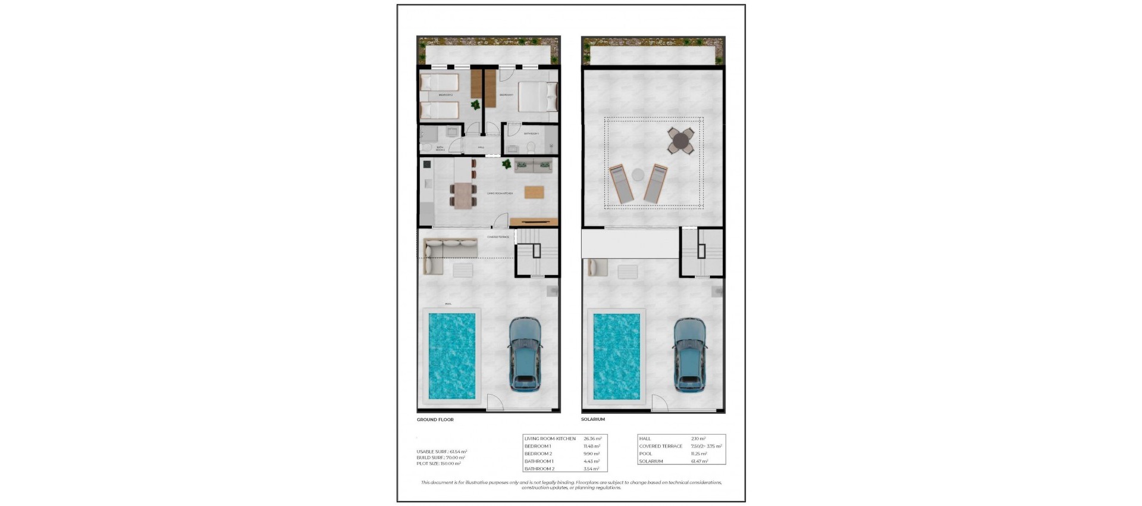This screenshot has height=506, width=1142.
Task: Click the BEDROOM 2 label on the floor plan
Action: (445, 95)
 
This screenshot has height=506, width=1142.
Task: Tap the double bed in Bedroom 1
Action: (537, 97)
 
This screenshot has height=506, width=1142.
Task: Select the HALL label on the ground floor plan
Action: (481, 147)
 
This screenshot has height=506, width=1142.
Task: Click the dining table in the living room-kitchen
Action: (463, 195)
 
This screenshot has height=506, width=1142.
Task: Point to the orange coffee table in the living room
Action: (534, 192)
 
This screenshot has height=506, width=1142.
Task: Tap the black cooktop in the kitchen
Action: (426, 164)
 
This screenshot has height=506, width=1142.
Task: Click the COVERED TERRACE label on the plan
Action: (498, 237)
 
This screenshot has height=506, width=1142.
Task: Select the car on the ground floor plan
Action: (525, 354)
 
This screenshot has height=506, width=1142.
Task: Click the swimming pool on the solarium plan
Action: (616, 357)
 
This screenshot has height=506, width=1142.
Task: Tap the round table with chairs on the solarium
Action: (680, 141)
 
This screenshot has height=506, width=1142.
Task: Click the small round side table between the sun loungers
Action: (638, 174)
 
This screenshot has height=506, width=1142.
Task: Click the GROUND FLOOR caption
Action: (435, 420)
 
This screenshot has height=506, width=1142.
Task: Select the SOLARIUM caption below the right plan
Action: (592, 419)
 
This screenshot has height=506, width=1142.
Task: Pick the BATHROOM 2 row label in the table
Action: (539, 469)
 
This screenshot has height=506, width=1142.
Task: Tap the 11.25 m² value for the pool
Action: (699, 454)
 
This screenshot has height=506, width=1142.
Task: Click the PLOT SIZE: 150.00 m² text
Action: (439, 464)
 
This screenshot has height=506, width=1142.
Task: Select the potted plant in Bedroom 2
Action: (475, 106)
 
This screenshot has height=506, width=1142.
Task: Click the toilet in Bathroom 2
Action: (426, 146)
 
